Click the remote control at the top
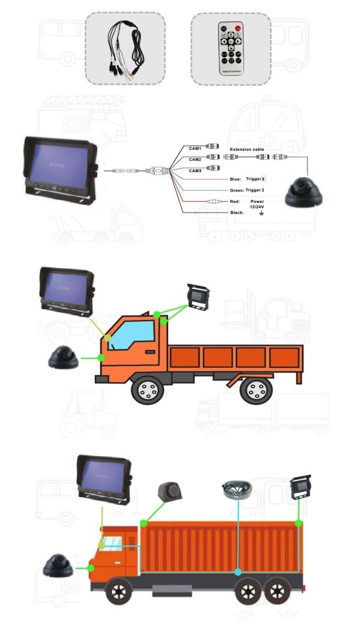[230, 49]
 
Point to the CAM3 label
[195, 171]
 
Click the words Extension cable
[247, 149]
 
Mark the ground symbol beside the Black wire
[260, 213]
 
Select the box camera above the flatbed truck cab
[197, 297]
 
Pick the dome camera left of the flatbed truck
[65, 358]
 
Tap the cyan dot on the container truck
[238, 572]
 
